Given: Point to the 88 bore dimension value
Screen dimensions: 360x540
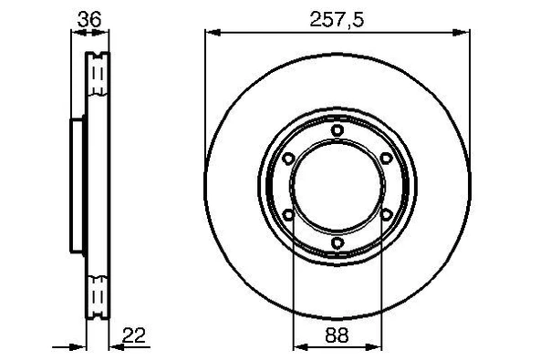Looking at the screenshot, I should click(337, 336).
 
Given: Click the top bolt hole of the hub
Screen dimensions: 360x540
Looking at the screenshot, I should click(337, 131).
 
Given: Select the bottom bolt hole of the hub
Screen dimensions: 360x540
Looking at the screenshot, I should click(337, 243).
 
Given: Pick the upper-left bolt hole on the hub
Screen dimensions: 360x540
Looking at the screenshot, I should click(288, 159).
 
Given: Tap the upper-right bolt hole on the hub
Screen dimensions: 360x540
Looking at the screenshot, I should click(387, 159).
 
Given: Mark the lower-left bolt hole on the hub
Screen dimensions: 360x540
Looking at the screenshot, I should click(288, 216).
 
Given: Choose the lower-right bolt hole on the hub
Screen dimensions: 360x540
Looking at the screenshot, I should click(387, 216).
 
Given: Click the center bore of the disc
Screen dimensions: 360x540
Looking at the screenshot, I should click(337, 188).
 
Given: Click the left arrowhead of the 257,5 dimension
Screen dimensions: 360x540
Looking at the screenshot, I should click(211, 31).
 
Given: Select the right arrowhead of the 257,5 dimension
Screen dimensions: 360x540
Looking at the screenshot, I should click(466, 31).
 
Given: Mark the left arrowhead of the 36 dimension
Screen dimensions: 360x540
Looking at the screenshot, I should click(76, 31).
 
